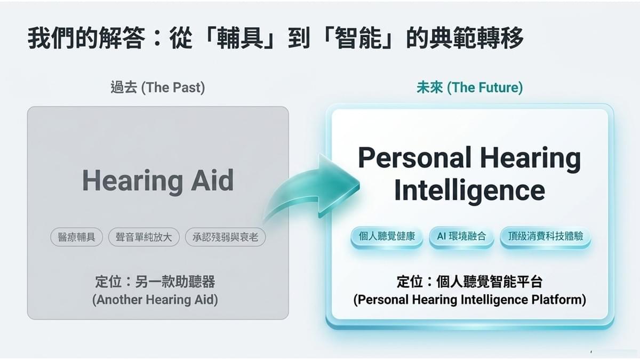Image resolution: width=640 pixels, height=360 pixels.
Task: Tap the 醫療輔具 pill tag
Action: pyautogui.click(x=76, y=237)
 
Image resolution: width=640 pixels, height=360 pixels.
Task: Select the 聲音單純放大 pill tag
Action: pyautogui.click(x=143, y=237)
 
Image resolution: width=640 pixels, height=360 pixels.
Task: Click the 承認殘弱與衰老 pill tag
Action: pyautogui.click(x=225, y=237)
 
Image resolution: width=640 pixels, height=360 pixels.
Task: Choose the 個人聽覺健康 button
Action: pyautogui.click(x=387, y=236)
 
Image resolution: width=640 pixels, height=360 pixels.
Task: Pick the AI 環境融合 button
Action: pyautogui.click(x=461, y=236)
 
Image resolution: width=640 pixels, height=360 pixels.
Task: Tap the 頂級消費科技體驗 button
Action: pyautogui.click(x=546, y=236)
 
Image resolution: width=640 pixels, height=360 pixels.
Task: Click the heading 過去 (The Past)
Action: pyautogui.click(x=158, y=87)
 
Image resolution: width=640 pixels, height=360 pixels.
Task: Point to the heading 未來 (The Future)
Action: pyautogui.click(x=470, y=87)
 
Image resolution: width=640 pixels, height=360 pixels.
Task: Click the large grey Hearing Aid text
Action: pyautogui.click(x=158, y=181)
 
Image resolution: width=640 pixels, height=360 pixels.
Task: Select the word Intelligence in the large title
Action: pyautogui.click(x=469, y=191)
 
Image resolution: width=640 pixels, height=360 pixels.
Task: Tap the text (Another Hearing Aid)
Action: pyautogui.click(x=155, y=300)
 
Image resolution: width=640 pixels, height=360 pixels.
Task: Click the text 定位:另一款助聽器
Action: pyautogui.click(x=155, y=282)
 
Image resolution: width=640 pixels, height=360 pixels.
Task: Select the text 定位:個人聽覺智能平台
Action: pyautogui.click(x=469, y=282)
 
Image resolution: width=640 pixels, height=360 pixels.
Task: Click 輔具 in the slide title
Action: pyautogui.click(x=239, y=38)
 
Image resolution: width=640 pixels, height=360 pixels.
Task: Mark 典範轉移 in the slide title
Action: pyautogui.click(x=477, y=38)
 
